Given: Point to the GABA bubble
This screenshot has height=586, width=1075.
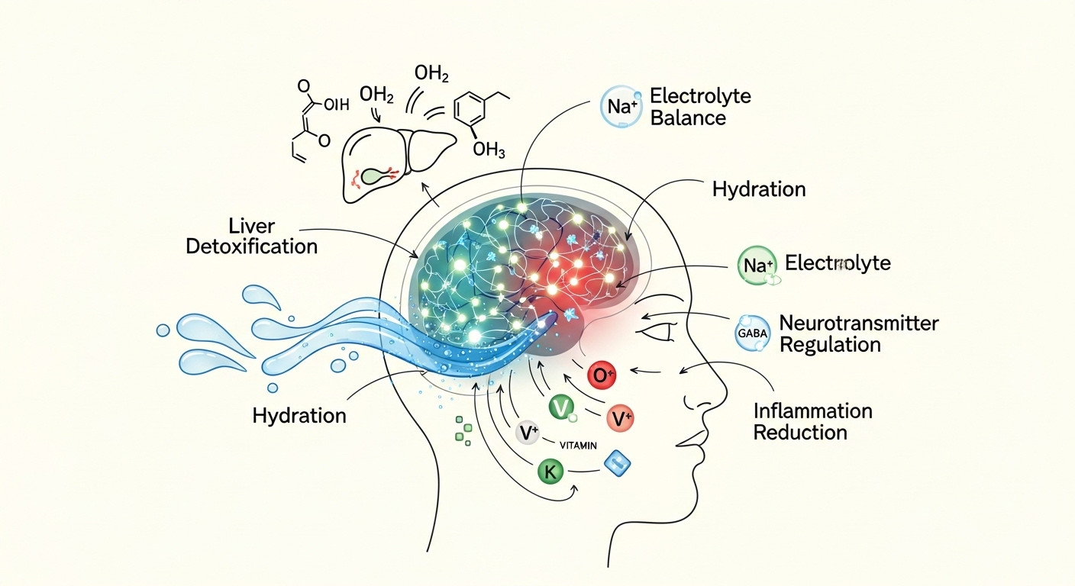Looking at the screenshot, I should [x=753, y=333].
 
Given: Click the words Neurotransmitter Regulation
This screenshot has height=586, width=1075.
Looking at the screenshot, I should [x=858, y=333].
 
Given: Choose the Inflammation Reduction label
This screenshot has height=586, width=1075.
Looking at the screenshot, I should [x=812, y=422].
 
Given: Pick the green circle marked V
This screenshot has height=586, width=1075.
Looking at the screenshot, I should [x=561, y=408].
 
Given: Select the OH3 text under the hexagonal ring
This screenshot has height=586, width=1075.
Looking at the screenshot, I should [x=489, y=150].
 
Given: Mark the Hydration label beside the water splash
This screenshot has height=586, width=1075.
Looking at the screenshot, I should [x=299, y=416].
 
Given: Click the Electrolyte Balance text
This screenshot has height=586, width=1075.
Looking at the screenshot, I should [x=699, y=108].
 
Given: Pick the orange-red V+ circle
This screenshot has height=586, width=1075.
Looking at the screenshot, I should [x=620, y=417].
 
